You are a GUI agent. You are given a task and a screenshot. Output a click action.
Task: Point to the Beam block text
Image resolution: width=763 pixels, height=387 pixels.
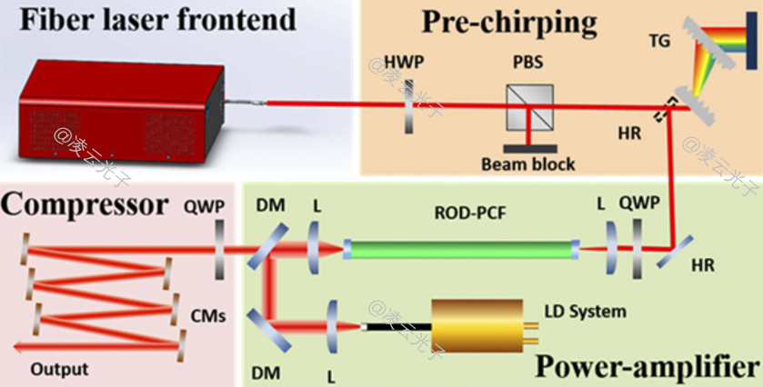coord(529,164)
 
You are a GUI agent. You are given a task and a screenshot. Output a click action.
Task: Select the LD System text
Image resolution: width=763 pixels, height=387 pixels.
coord(585,312)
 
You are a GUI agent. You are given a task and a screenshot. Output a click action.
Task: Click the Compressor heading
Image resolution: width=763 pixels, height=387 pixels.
coord(85,203)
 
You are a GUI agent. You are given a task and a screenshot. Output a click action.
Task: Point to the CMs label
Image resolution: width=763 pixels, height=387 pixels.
coord(207,315)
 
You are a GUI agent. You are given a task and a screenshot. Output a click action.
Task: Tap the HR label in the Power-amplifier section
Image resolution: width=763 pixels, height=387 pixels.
coord(702,265)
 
